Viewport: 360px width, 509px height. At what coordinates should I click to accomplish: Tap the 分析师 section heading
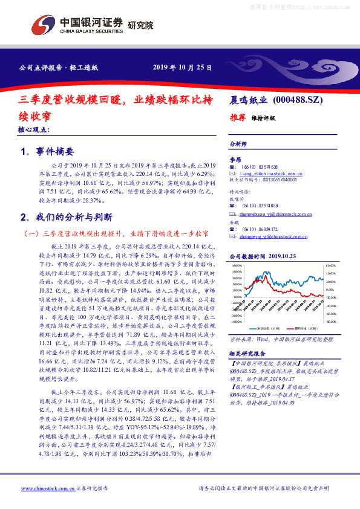point(239,144)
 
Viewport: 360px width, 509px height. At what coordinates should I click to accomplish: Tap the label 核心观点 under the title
point(33,130)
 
